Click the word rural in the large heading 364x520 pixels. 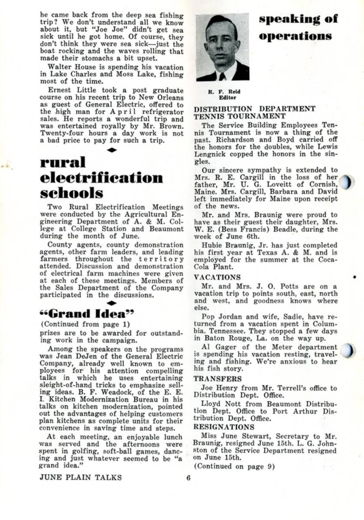pos(63,162)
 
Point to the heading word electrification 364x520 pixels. pos(102,178)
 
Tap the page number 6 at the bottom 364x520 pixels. pos(188,478)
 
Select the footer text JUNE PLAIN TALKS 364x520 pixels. pos(81,478)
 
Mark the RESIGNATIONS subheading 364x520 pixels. pos(222,426)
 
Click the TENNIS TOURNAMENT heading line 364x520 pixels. pos(240,116)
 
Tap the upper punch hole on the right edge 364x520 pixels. pos(346,182)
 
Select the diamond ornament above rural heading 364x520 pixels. pos(112,150)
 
